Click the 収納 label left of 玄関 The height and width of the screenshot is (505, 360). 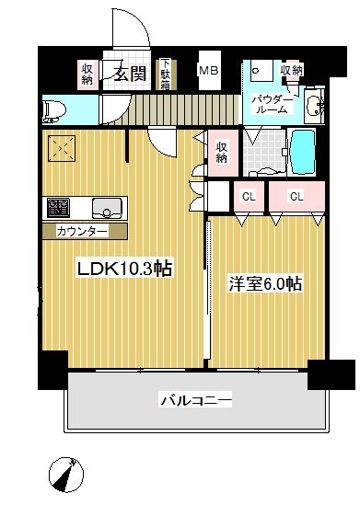tap(88, 74)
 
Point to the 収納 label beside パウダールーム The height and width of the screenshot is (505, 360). tap(291, 71)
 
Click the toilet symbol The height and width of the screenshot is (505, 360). tap(55, 109)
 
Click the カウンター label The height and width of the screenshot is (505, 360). tap(82, 230)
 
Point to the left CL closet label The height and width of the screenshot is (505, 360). tap(249, 196)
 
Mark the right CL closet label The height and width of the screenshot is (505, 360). tap(296, 196)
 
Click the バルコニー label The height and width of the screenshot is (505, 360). tap(195, 400)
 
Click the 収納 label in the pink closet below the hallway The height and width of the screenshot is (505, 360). tap(223, 152)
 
